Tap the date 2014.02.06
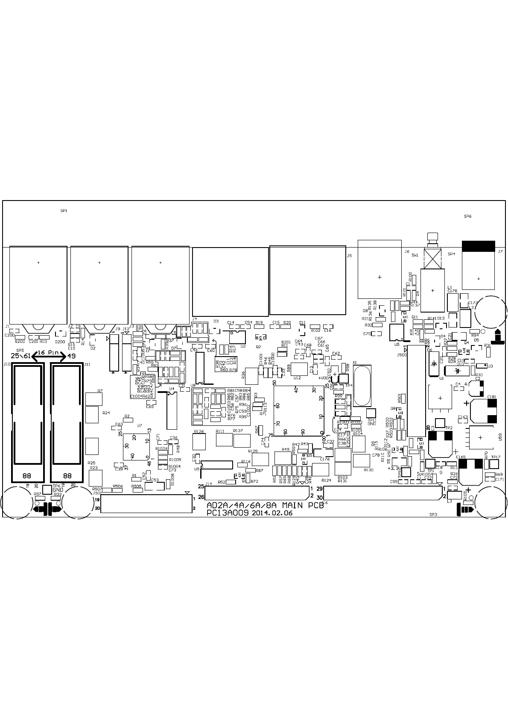pyautogui.click(x=272, y=513)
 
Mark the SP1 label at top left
pyautogui.click(x=64, y=211)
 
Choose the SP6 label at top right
pyautogui.click(x=467, y=216)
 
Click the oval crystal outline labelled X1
pyautogui.click(x=362, y=385)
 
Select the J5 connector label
pyautogui.click(x=349, y=256)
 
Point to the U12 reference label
pyautogui.click(x=297, y=378)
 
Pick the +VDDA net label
pyautogui.click(x=325, y=378)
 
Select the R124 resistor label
pyautogui.click(x=326, y=481)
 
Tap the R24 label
pyautogui.click(x=106, y=413)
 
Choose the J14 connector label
pyautogui.click(x=208, y=484)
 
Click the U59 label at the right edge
pyautogui.click(x=500, y=437)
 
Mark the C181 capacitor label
pyautogui.click(x=491, y=397)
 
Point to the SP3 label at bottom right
pyautogui.click(x=433, y=514)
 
